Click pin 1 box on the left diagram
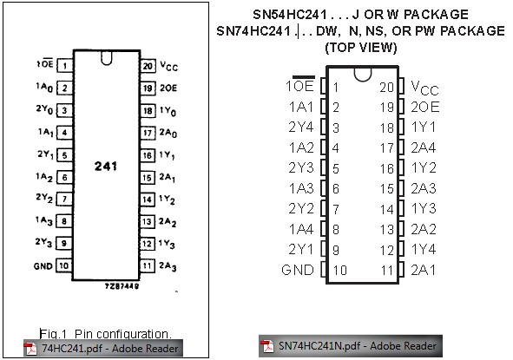(64, 65)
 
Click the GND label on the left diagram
(43, 266)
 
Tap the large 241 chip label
(106, 166)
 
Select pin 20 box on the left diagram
(148, 66)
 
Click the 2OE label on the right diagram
(425, 107)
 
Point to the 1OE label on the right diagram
(299, 85)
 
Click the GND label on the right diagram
(298, 270)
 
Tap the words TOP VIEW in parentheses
(361, 48)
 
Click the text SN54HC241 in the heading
(290, 15)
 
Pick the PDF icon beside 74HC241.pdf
(30, 349)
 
